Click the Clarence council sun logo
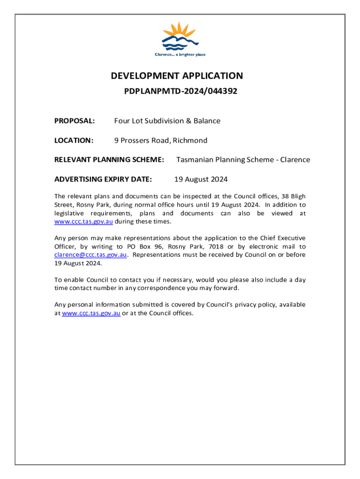[x=180, y=36]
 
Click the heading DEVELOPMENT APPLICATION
[x=177, y=76]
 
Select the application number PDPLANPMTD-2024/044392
[x=180, y=92]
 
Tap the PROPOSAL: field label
[x=75, y=121]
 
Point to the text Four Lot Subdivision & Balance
[x=167, y=121]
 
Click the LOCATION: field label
[x=74, y=140]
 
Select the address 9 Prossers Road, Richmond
[x=160, y=140]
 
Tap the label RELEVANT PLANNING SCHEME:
[x=109, y=160]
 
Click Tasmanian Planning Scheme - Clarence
[x=243, y=160]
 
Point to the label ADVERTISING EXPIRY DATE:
[x=103, y=179]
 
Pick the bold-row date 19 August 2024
[x=201, y=179]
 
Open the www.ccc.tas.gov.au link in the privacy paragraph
[x=91, y=313]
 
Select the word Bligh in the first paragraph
[x=296, y=196]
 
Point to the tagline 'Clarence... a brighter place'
[x=180, y=55]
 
